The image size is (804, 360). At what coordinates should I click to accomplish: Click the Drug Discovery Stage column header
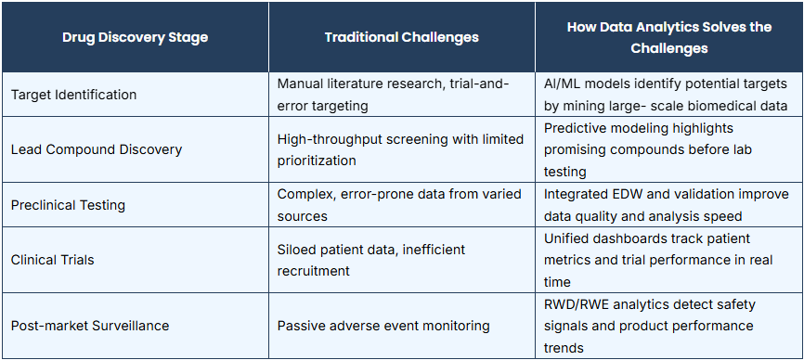[135, 37]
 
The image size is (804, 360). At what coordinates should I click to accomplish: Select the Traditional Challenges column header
[401, 37]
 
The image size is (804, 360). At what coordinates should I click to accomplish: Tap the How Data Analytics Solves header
[669, 37]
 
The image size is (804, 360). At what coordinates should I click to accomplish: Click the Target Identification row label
[74, 95]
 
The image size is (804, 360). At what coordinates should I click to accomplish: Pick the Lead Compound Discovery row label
[97, 149]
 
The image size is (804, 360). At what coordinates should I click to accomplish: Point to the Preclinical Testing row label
[68, 205]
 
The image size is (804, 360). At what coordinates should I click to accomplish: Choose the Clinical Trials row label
[52, 260]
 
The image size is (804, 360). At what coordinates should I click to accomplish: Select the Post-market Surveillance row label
[90, 326]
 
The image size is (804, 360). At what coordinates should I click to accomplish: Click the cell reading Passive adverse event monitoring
[383, 326]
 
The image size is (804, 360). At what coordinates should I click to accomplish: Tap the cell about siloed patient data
[371, 260]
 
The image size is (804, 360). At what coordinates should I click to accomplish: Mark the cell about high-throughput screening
[400, 149]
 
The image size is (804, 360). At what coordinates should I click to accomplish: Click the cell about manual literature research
[394, 95]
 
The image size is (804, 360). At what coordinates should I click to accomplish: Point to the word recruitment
[313, 271]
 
